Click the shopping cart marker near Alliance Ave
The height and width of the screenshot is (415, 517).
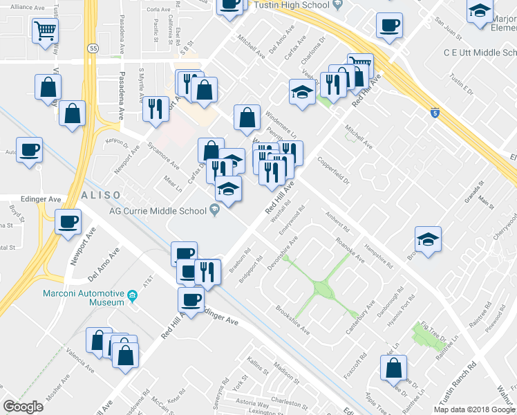[45, 30]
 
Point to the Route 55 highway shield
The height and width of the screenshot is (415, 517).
[93, 48]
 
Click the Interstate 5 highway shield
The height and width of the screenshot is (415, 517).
[433, 110]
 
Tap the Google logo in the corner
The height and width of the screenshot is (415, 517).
[23, 407]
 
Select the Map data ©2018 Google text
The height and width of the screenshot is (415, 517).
[474, 409]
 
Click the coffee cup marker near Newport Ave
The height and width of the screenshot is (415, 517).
[68, 222]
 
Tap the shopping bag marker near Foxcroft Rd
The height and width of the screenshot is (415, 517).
[393, 368]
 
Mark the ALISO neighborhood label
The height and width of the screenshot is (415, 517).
[102, 195]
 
